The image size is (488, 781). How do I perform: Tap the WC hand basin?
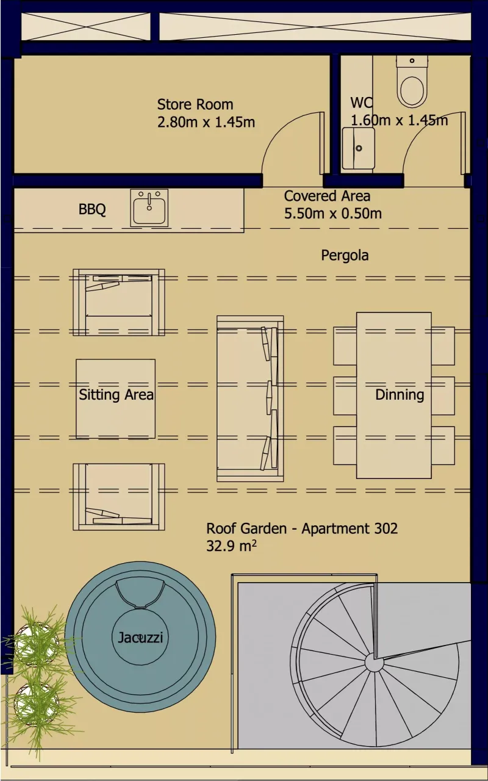click(358, 148)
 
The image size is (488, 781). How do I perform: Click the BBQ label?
click(92, 210)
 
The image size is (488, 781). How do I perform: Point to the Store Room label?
click(195, 104)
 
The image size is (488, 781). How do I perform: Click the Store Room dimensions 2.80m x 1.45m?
click(206, 122)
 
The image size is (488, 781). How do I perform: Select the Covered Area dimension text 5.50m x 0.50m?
click(332, 214)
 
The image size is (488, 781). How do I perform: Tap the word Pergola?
click(345, 255)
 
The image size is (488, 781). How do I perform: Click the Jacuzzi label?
click(140, 638)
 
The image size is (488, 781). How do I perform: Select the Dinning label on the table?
click(399, 395)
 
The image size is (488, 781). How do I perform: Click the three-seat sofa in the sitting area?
click(250, 398)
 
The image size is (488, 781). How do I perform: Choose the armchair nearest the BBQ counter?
click(118, 302)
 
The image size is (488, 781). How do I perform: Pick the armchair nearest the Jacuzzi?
click(118, 496)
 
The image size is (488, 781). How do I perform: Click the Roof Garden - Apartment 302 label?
click(301, 528)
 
